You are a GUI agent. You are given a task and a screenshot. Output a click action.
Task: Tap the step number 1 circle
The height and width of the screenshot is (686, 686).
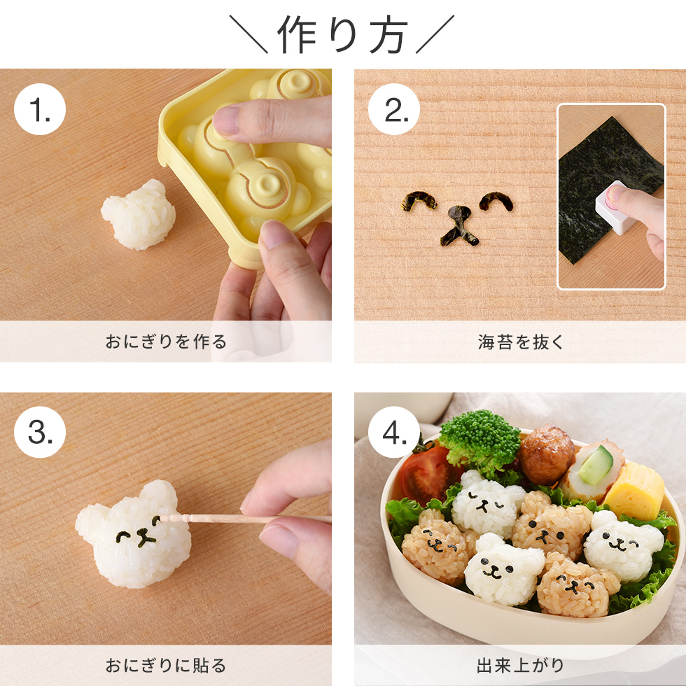[x=39, y=110]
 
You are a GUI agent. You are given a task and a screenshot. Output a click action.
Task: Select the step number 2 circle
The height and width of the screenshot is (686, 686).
[x=393, y=110]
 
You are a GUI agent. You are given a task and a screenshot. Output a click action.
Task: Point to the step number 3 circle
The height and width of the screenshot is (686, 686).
[x=39, y=433]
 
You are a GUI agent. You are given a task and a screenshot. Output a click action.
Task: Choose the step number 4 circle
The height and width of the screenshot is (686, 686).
[x=393, y=433]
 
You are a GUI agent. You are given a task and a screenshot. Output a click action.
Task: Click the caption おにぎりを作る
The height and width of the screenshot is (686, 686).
[x=166, y=342]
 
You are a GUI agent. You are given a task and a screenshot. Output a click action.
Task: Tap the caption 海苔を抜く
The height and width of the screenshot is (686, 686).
[x=520, y=342]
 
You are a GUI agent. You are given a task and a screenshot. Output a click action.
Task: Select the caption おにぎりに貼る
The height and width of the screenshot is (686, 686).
[x=166, y=665]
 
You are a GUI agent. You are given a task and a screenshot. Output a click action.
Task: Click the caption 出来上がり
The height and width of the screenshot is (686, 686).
[x=520, y=665]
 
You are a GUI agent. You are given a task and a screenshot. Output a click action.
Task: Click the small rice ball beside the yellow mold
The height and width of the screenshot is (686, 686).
[x=138, y=215]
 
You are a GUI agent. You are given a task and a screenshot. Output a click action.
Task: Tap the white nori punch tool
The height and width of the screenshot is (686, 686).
[x=615, y=208]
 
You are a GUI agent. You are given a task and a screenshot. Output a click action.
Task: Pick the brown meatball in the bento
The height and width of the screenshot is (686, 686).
[x=546, y=455]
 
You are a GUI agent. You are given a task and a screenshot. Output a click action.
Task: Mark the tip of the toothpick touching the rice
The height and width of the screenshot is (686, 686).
[x=162, y=518]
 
